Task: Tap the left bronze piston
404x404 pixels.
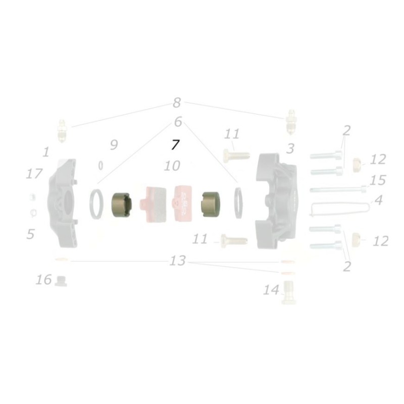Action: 121,206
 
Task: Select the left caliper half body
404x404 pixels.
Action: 64,203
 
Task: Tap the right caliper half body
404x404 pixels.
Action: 278,203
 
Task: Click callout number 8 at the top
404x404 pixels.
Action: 176,103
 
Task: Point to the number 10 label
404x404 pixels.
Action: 172,166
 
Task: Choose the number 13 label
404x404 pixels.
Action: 178,261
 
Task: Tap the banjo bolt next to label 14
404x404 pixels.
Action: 288,293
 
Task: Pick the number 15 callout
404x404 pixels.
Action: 377,180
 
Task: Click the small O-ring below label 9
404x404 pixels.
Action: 101,165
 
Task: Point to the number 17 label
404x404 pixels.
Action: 34,174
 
